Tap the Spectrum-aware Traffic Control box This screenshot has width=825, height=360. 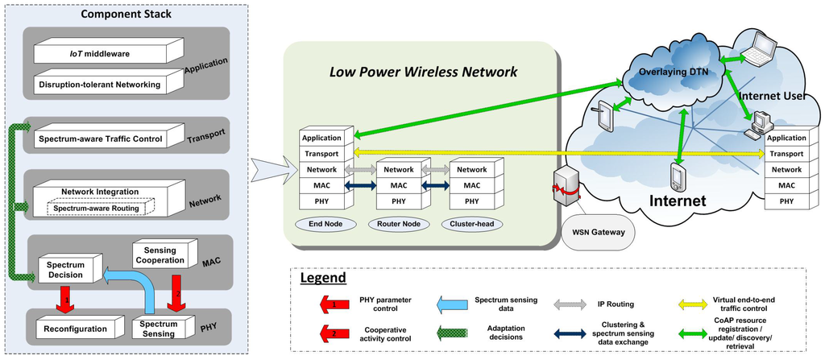pyautogui.click(x=101, y=139)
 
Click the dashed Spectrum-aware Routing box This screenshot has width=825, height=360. pyautogui.click(x=96, y=208)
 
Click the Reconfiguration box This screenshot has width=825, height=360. pyautogui.click(x=77, y=329)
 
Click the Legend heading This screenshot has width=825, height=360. pyautogui.click(x=323, y=278)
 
